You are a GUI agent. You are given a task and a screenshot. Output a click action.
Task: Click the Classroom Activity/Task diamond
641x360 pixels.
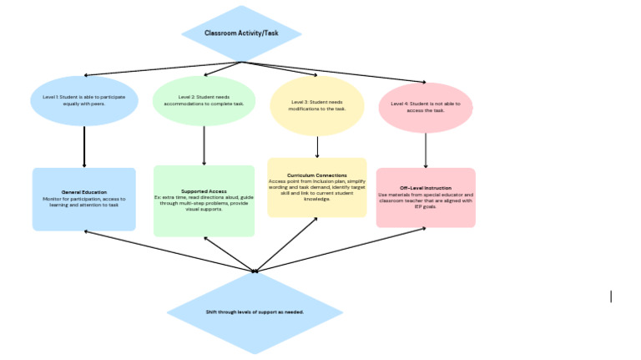[x=241, y=33]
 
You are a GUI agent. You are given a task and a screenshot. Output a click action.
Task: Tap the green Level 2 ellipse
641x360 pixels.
[x=204, y=101]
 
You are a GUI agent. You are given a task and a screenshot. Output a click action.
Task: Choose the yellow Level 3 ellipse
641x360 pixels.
[x=317, y=105]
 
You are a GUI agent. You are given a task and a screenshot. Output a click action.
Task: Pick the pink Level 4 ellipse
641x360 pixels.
[x=426, y=106]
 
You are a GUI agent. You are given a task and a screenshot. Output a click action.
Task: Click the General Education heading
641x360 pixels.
[x=83, y=193]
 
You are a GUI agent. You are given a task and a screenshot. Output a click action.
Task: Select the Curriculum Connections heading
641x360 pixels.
[x=316, y=175]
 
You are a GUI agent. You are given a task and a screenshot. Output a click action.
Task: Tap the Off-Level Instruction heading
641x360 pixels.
[x=426, y=188]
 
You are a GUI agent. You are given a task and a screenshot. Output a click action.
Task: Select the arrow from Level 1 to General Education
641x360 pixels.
[x=84, y=147]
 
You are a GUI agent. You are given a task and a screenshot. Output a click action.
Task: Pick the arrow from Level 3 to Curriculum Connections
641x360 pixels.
[x=317, y=146]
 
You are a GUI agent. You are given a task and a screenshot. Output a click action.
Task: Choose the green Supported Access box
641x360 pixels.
[x=204, y=219]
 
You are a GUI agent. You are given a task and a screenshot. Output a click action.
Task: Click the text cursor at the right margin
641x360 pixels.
[x=611, y=296]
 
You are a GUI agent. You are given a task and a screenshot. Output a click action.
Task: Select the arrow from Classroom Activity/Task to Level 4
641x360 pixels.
[x=334, y=73]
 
